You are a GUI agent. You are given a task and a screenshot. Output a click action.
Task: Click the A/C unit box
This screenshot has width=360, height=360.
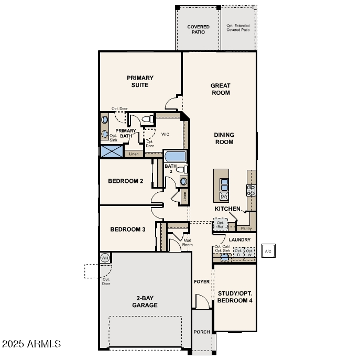point(268,251)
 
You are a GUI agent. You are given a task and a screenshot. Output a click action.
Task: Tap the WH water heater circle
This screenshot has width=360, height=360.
point(105,258)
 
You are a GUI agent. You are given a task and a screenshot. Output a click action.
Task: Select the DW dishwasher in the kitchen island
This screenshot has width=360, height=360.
point(224,196)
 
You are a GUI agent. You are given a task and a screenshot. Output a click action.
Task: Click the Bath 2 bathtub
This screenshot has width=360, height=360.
point(174,156)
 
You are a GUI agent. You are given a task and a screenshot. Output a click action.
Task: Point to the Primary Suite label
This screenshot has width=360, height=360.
point(140,81)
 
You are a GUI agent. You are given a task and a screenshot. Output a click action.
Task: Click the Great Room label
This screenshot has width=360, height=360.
point(220,89)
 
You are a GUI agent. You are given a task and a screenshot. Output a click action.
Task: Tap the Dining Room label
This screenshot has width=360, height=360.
point(224,138)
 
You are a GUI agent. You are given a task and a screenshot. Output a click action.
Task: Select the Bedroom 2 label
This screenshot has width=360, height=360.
point(125,181)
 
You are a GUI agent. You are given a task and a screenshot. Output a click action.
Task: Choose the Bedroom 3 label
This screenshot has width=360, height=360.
point(127,230)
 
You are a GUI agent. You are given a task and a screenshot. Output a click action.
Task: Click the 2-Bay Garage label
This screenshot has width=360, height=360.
point(145,302)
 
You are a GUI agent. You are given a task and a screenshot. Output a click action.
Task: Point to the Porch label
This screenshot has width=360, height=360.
point(202,332)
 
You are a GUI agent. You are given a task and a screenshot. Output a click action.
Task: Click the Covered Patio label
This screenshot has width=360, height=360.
point(198,29)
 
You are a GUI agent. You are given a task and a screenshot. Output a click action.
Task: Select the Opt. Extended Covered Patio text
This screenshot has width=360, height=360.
point(238,28)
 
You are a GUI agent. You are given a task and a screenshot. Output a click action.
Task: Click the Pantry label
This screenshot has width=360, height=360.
point(246,228)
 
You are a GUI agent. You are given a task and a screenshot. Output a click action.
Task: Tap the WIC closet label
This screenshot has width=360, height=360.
point(165,134)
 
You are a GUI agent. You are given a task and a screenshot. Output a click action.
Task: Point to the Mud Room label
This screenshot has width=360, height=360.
point(187,243)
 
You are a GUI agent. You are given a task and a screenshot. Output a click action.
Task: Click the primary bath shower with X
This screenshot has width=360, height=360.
point(112,151)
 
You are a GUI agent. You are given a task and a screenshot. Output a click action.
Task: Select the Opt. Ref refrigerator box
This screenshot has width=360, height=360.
point(220,225)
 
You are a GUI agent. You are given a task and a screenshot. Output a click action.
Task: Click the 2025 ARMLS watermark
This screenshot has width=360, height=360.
point(31,344)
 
